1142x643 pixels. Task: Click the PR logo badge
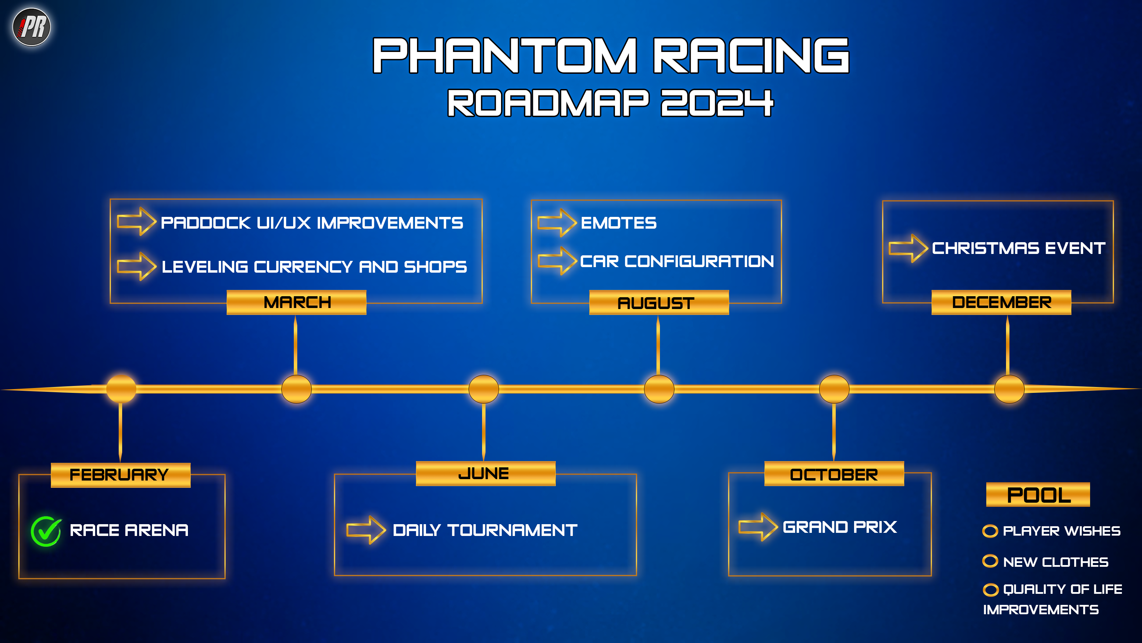(x=31, y=27)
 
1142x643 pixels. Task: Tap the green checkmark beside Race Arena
(x=46, y=531)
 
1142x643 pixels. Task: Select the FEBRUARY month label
(x=120, y=475)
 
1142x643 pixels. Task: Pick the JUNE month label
(x=486, y=474)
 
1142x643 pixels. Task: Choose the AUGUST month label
(x=659, y=303)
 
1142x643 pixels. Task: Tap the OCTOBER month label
(x=834, y=474)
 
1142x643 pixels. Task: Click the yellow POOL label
(x=1038, y=495)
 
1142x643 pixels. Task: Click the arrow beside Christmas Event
(x=908, y=248)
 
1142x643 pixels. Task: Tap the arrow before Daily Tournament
(x=366, y=530)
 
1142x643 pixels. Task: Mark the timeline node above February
(x=121, y=389)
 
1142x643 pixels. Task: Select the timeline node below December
(x=1009, y=389)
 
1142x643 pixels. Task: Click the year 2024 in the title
(x=717, y=103)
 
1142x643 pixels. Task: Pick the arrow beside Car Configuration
(x=557, y=261)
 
